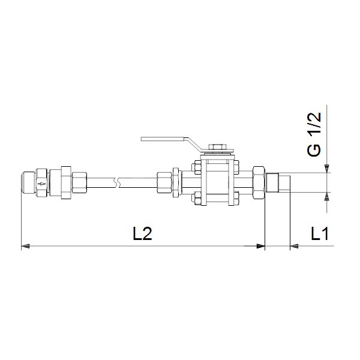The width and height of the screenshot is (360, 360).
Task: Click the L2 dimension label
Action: click(x=142, y=235)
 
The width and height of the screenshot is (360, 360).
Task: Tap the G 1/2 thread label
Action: click(x=314, y=134)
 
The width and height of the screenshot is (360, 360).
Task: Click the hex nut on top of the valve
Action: click(x=216, y=146)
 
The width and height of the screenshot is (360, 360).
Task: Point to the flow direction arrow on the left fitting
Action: click(x=41, y=182)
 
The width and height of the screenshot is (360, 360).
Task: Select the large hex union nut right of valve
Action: click(x=260, y=182)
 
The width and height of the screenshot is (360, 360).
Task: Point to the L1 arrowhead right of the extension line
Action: click(x=294, y=246)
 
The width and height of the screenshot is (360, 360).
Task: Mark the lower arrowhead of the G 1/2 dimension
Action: click(x=326, y=196)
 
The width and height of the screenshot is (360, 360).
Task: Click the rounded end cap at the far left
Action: click(x=25, y=182)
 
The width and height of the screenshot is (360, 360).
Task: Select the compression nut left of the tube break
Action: click(x=79, y=182)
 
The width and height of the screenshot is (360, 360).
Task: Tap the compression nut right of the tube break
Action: click(x=164, y=182)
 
